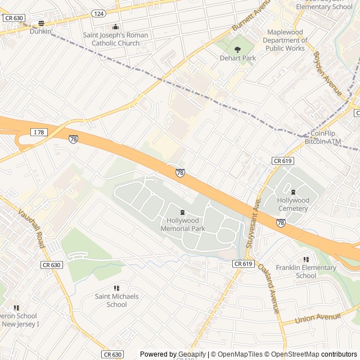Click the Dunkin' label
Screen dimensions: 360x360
tap(40, 32)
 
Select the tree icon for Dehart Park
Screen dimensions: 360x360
tap(237, 50)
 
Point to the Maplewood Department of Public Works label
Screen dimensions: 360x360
tap(286, 40)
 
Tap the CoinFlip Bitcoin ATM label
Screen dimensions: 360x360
tap(323, 138)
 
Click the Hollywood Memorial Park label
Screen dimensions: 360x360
tap(182, 225)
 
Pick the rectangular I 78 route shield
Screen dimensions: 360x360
tap(39, 132)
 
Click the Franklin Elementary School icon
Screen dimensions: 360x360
tap(306, 259)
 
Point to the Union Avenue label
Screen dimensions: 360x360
tap(319, 319)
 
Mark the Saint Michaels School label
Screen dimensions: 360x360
tap(116, 300)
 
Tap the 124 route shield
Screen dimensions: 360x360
tap(98, 13)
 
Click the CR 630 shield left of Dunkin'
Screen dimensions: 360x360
tap(14, 18)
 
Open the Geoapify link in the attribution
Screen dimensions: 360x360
tap(190, 354)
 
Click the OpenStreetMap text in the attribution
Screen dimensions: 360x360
tap(295, 354)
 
